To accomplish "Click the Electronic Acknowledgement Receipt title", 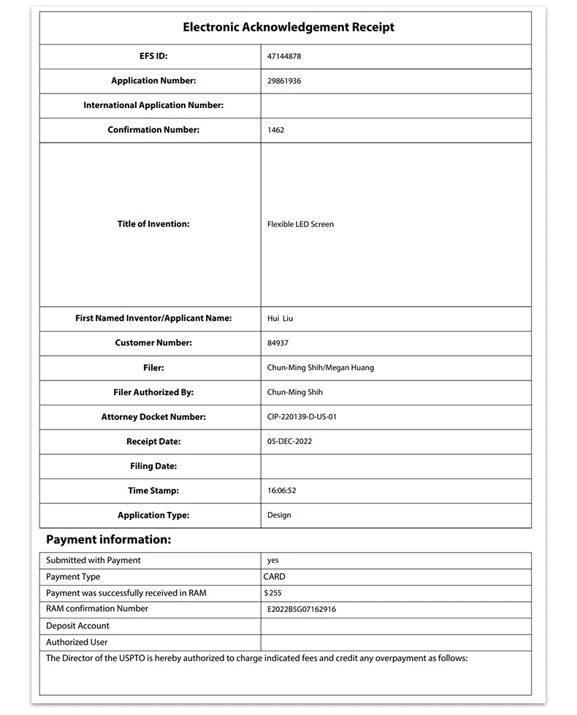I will pos(288,27).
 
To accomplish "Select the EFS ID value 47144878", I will pos(284,56).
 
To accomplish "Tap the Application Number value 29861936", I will pos(284,81).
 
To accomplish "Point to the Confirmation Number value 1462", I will pos(276,130).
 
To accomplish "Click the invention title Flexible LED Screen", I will pos(300,224).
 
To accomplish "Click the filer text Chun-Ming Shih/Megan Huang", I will pos(321,367).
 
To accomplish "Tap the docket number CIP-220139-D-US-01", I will pos(302,417).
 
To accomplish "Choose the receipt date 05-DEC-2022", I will pos(290,442).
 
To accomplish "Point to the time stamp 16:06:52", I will pos(281,491).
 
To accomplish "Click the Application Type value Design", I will pos(279,515).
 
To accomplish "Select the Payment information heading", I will pos(109,540).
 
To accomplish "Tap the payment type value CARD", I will pos(274,576).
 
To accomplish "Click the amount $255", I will pos(272,593).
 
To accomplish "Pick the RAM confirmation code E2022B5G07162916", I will pos(302,609).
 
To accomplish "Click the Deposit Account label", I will pos(77,626).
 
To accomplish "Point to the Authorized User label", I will pos(77,642).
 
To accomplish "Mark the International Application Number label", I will pos(153,105).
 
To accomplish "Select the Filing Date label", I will pos(153,466).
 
